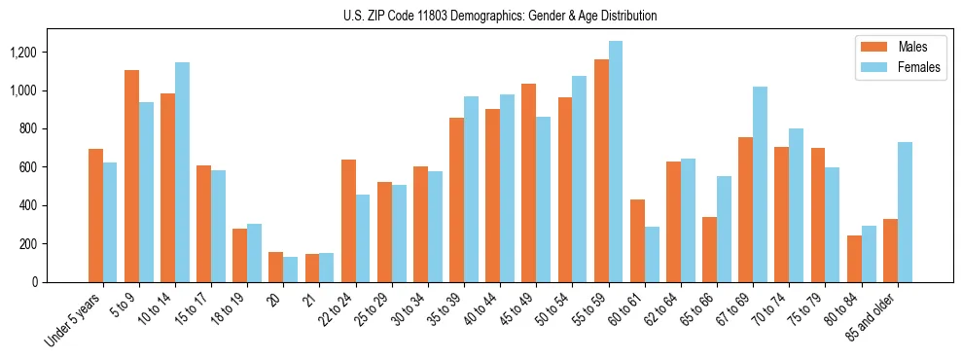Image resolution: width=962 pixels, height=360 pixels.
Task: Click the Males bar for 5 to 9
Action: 131,176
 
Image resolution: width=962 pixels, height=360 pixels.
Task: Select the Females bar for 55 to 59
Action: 615,162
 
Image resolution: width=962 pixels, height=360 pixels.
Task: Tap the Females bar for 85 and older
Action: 904,212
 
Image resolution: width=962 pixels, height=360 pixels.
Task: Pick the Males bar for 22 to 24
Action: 348,221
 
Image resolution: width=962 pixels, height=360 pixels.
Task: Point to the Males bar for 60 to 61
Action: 637,240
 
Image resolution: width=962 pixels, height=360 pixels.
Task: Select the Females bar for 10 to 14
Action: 182,172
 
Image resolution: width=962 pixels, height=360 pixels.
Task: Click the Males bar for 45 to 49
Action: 528,183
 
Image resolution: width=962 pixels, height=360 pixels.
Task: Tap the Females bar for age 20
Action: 290,270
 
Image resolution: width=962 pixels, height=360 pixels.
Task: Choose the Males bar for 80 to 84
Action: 853,259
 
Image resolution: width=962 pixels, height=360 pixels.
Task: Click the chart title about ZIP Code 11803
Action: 500,16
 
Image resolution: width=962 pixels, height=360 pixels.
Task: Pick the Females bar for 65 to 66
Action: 724,229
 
